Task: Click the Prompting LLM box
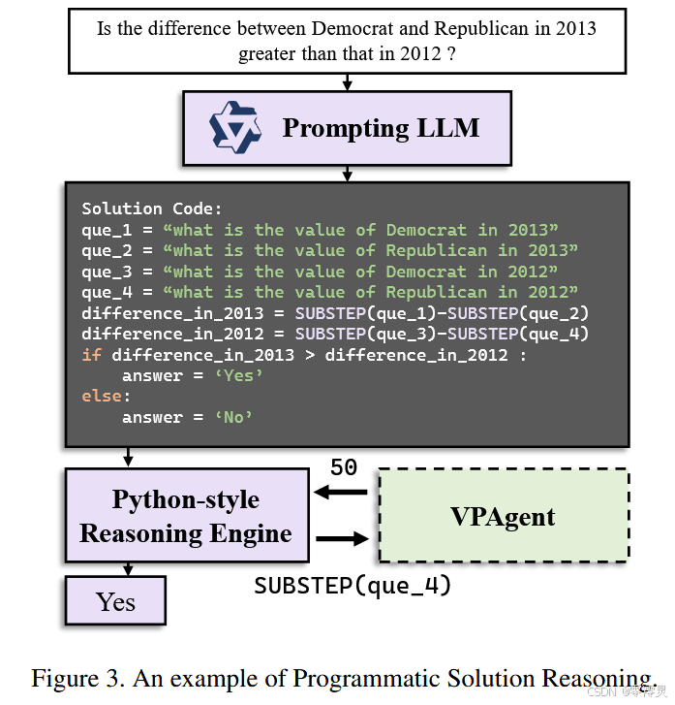click(x=347, y=128)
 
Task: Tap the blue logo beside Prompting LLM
click(x=235, y=128)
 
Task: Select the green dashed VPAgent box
click(x=503, y=516)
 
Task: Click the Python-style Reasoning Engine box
click(x=186, y=516)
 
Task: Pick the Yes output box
click(x=115, y=601)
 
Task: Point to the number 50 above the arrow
click(x=344, y=467)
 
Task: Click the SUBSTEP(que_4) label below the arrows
click(x=353, y=586)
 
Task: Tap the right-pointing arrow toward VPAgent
click(x=342, y=538)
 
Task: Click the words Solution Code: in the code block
click(x=152, y=208)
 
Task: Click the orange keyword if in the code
click(x=91, y=354)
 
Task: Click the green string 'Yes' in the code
click(x=240, y=375)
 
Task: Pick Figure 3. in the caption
click(x=78, y=678)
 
